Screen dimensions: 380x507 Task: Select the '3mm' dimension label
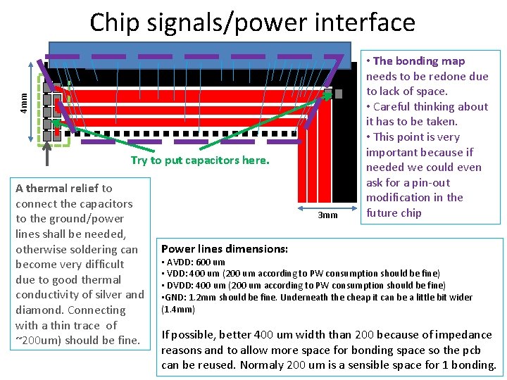coord(327,215)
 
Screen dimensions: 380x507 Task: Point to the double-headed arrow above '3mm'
coord(327,208)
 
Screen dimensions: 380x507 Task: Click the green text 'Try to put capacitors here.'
coord(200,160)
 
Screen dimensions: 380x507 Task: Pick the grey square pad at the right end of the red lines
coord(338,94)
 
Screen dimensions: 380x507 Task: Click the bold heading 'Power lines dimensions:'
coord(225,248)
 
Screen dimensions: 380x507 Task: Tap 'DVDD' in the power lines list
coord(180,285)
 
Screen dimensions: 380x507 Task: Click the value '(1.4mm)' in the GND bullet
coord(178,309)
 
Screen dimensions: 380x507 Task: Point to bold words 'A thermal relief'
coord(57,188)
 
